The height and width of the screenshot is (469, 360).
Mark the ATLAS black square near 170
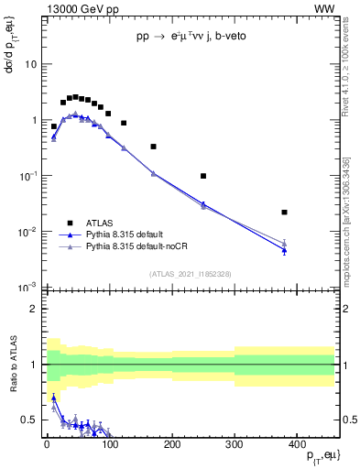[153, 147]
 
